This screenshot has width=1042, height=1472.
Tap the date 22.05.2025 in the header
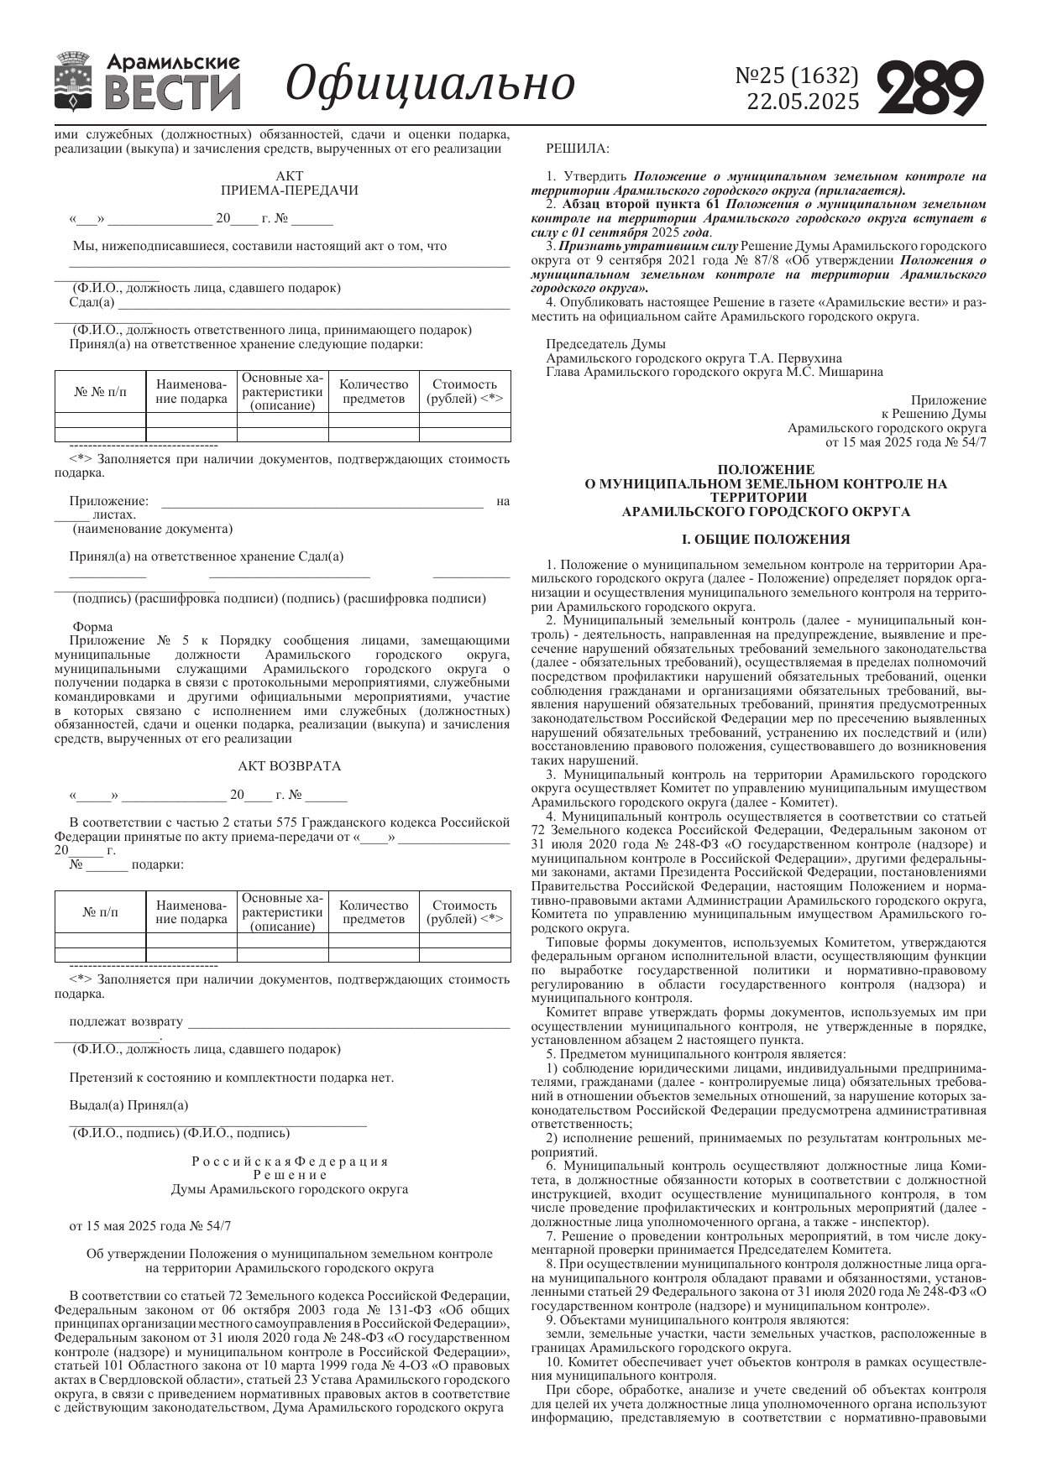(803, 102)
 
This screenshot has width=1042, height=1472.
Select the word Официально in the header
(430, 83)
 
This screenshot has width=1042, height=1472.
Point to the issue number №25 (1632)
(797, 76)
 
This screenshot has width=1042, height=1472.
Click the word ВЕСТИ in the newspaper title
(175, 92)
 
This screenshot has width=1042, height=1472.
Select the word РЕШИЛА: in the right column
(579, 149)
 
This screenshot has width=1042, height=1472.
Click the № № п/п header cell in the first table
(101, 392)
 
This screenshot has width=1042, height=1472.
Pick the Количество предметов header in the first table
(374, 392)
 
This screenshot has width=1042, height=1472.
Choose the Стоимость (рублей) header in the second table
(464, 912)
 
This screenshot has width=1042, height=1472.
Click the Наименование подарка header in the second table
(191, 912)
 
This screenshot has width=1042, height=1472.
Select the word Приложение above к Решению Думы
(948, 400)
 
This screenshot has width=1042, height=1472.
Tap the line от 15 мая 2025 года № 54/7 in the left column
(150, 1225)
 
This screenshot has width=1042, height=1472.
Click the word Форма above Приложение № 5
(92, 627)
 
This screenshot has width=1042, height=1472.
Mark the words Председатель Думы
(605, 344)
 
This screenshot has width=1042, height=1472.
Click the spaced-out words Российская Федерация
(290, 1161)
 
